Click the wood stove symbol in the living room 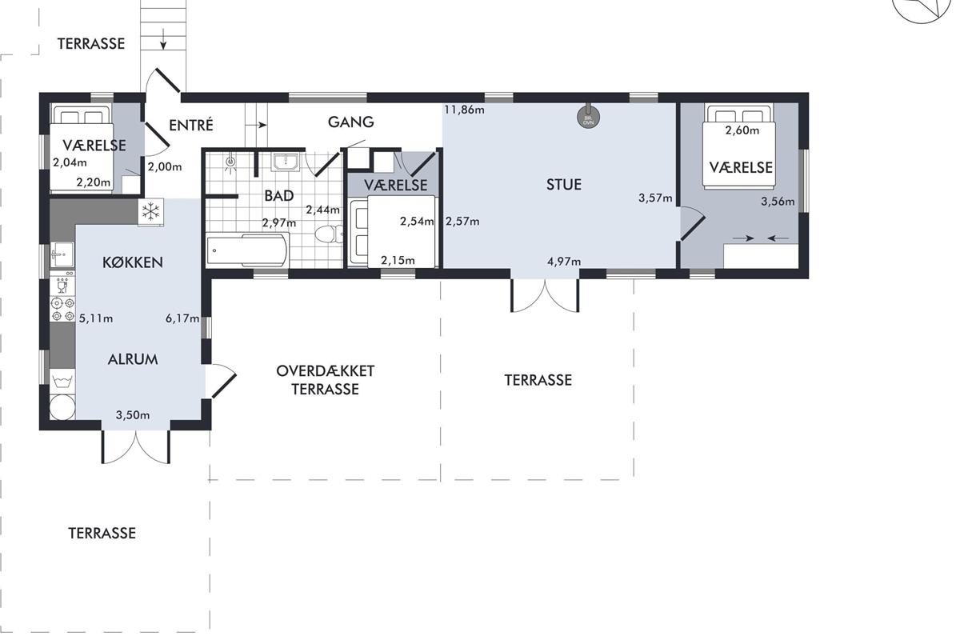pos(589,116)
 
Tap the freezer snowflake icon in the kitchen pos(150,211)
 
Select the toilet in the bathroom pos(329,234)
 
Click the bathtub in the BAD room pos(247,250)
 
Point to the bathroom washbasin pos(286,162)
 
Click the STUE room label pos(563,185)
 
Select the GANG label pos(350,122)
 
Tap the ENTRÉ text pos(190,125)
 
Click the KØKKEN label pos(133,262)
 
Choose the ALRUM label pos(133,359)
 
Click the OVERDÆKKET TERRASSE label pos(326,380)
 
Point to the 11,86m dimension pos(464,110)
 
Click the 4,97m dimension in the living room pos(564,261)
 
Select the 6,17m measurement pos(182,318)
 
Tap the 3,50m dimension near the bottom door pos(133,415)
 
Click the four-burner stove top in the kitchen pos(62,310)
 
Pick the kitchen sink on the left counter pos(62,254)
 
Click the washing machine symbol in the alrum pos(62,381)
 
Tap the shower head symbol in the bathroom pos(230,162)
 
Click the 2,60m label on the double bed pos(742,130)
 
